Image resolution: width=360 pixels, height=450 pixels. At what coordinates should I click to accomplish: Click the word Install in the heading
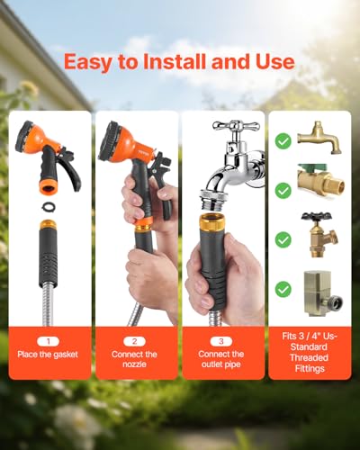click(175, 62)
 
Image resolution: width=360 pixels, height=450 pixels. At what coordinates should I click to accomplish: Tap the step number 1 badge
click(49, 341)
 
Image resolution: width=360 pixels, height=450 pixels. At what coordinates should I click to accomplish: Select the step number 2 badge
click(134, 341)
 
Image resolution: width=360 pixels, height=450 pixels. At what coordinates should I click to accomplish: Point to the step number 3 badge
click(221, 341)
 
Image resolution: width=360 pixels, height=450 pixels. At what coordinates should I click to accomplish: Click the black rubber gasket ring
click(48, 207)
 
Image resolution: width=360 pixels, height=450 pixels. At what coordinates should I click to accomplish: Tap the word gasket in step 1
click(65, 355)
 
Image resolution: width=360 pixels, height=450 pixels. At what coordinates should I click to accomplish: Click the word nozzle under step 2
click(134, 364)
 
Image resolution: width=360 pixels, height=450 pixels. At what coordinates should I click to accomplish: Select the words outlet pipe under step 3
click(221, 364)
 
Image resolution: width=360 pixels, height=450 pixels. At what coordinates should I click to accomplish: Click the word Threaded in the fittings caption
click(310, 357)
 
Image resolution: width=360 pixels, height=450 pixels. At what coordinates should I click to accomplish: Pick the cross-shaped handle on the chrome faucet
click(236, 126)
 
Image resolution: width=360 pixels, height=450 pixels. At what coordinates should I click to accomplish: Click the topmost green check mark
click(283, 141)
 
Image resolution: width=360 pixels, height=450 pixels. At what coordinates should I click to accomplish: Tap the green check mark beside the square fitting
click(283, 289)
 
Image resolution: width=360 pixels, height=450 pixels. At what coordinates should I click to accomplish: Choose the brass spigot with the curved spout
click(319, 138)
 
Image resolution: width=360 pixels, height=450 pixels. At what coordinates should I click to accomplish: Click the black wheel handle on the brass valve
click(317, 217)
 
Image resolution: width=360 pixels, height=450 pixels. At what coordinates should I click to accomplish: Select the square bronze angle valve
click(322, 293)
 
